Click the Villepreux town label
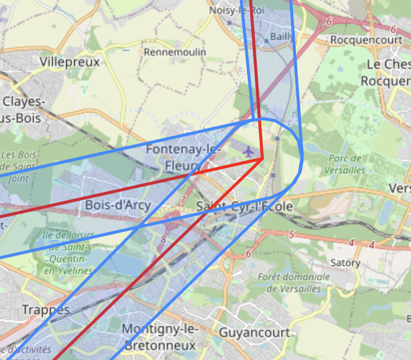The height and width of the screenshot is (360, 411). (x=69, y=62)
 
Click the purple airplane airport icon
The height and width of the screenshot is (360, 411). (x=248, y=151)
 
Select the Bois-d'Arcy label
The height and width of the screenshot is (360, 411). (x=118, y=204)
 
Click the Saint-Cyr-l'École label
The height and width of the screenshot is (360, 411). (x=244, y=206)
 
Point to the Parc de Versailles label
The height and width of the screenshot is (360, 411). (x=345, y=164)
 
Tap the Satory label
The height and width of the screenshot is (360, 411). (x=345, y=263)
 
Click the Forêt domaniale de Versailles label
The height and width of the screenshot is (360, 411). (x=294, y=282)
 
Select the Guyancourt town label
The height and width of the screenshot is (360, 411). (x=254, y=332)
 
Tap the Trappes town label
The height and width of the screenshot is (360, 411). (x=46, y=310)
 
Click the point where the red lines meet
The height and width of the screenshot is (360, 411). (x=262, y=159)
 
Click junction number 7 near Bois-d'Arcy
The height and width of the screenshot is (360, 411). (x=183, y=200)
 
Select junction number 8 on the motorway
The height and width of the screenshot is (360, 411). (x=163, y=239)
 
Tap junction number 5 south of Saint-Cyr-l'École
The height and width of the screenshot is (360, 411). (x=291, y=234)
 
